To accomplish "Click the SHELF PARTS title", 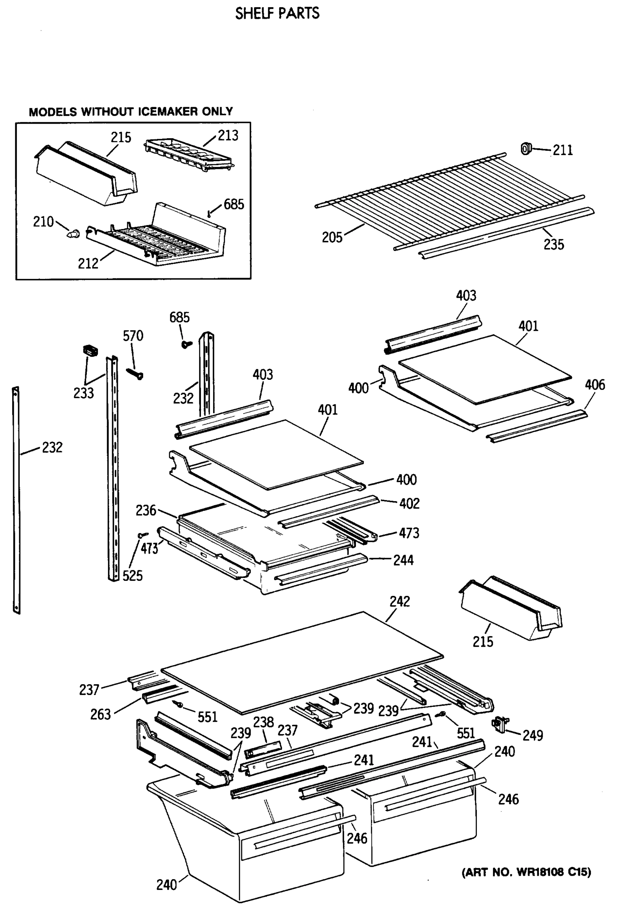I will pos(277,13).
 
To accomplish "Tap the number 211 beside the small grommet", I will pos(562,150).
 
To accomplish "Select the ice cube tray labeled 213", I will pos(189,155).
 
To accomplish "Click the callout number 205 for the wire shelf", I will pos(332,237).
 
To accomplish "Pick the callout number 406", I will pos(595,384).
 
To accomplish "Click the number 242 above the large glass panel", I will pos(400,602).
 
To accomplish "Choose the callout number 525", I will pos(132,576).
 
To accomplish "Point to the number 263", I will pos(100,714).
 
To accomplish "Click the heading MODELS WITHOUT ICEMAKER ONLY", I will pos(131,112).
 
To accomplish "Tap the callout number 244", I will pos(403,560).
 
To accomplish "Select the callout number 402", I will pos(409,504).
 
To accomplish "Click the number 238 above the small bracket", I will pos(263,722).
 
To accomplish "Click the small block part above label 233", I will pos(90,350).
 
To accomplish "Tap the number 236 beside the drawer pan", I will pos(146,510).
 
